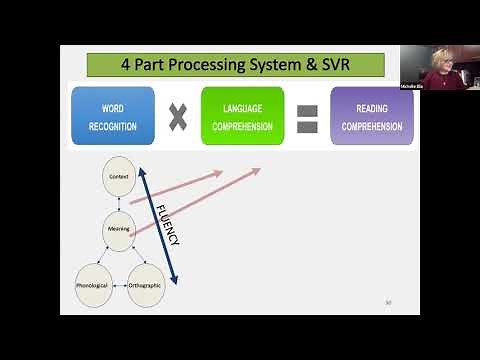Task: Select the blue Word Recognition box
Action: (x=113, y=115)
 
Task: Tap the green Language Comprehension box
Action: (x=241, y=115)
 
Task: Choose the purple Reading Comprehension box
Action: (x=371, y=115)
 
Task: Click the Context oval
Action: (x=119, y=176)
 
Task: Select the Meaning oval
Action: (x=119, y=230)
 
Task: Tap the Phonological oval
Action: (x=92, y=285)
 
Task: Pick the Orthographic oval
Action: (x=145, y=285)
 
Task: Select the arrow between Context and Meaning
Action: (x=119, y=203)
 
